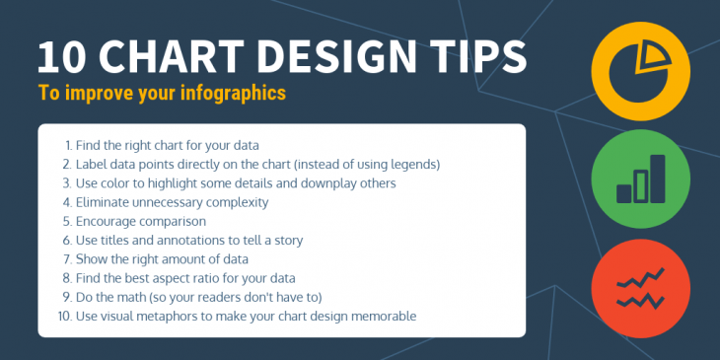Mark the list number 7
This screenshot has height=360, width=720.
click(67, 259)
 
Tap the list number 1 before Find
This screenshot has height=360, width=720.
click(67, 145)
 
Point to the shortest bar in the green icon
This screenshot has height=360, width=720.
click(623, 189)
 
